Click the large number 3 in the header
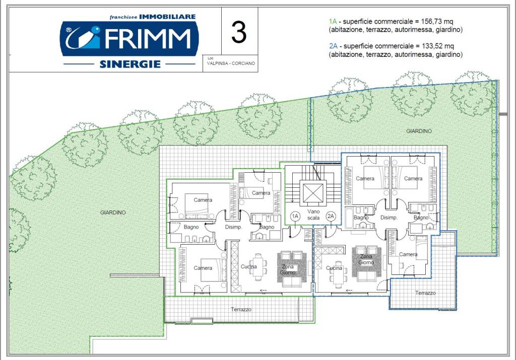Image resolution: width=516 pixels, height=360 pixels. [239, 32]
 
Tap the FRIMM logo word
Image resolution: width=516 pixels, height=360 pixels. [148, 38]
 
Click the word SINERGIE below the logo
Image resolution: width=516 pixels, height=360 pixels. [130, 64]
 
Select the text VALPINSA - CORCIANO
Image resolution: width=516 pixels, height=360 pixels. [231, 63]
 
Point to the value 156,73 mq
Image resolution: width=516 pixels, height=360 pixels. [437, 22]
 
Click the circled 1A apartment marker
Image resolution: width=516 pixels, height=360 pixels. [295, 217]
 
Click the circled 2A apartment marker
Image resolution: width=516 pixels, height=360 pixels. [331, 217]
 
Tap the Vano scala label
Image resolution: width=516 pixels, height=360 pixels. [313, 214]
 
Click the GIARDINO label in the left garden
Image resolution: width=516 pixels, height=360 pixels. [113, 212]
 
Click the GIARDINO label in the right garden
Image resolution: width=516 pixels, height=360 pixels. [419, 131]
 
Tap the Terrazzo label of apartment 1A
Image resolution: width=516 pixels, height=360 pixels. [241, 309]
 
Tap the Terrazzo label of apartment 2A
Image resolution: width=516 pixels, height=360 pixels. [425, 293]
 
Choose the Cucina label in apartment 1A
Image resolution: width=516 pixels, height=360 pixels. [248, 267]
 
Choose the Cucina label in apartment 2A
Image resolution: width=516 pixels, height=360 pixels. [334, 268]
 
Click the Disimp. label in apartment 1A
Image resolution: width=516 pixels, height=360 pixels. [233, 227]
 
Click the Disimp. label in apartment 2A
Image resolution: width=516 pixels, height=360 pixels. [389, 218]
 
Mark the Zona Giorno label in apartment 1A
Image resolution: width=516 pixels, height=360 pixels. [288, 269]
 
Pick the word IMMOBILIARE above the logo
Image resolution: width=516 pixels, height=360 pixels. [167, 17]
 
